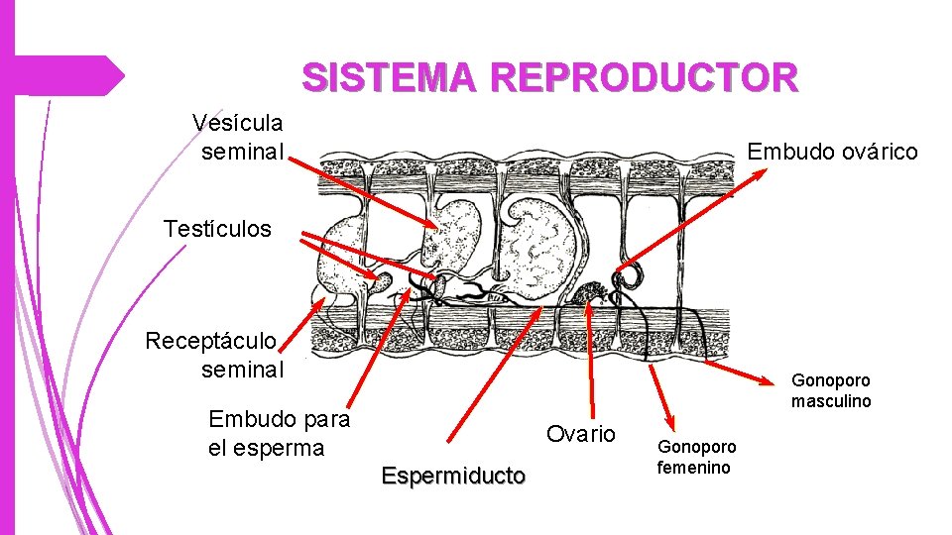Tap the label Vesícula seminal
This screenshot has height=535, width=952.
238,137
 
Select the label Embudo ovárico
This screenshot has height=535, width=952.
832,152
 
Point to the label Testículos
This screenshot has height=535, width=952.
217,229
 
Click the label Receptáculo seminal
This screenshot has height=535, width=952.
214,356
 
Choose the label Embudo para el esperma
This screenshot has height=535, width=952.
279,433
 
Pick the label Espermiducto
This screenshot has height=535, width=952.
453,476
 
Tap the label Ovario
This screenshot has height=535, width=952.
581,434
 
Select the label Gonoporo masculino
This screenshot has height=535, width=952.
831,390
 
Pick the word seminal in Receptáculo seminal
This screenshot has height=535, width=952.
242,370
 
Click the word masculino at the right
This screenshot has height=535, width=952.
831,401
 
